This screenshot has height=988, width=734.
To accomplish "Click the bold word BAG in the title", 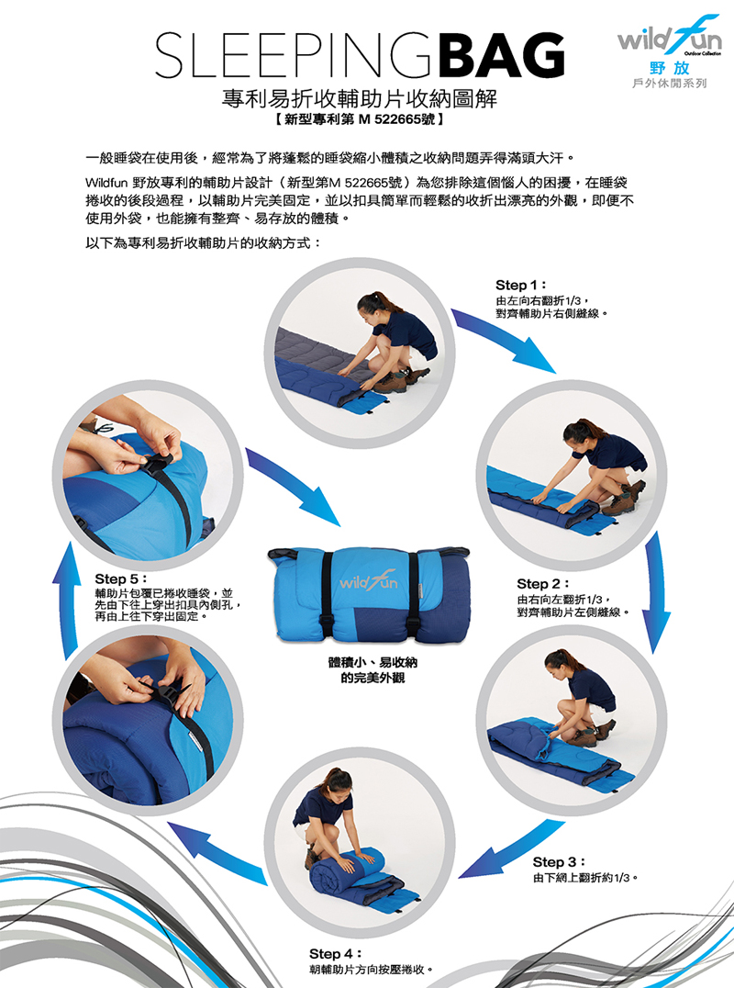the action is pos(502,55).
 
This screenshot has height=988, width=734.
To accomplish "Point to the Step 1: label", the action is pos(520,285).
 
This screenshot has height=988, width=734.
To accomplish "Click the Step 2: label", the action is pos(542,584).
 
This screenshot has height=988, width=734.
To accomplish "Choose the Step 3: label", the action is pos(559,862).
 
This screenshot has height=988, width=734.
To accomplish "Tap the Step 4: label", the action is pos(335,953).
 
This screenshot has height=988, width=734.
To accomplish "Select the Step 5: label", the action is pos(120,578).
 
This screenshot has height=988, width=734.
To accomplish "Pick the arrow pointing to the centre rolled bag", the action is pos(293,487).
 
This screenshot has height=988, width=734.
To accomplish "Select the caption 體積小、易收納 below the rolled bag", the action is pos(373,662).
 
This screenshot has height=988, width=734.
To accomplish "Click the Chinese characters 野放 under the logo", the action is pos(670,68).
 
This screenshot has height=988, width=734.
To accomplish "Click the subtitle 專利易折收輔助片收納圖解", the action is pos(360,99).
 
